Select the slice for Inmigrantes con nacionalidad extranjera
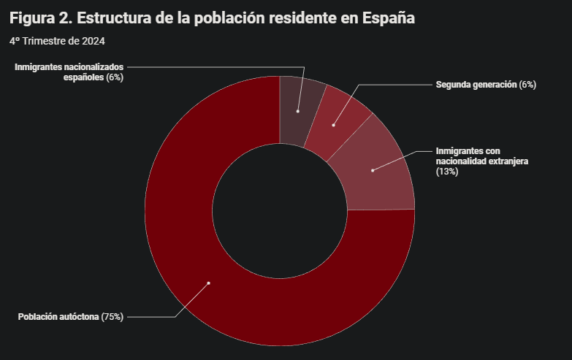pos(380,175)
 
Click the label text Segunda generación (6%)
pos(486,85)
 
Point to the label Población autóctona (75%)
pos(70,317)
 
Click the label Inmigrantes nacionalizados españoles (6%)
pos(69,72)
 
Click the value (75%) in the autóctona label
pos(113,317)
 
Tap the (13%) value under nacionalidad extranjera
pos(446,172)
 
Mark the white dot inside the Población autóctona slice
pos(208,283)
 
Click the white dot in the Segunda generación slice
pos(333,125)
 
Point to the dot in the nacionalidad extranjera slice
pos(373,170)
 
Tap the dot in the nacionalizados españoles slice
pos(297,111)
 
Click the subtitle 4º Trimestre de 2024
pos(57,41)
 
